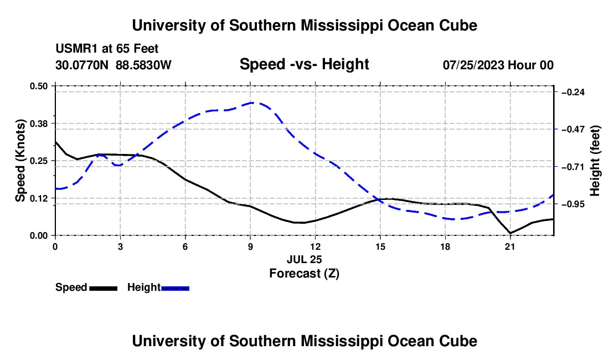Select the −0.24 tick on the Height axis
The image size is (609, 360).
(x=573, y=92)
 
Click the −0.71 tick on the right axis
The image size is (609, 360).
(x=573, y=167)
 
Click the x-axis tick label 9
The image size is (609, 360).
(x=250, y=246)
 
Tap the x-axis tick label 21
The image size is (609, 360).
(x=510, y=246)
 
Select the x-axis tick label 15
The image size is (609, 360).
(x=380, y=246)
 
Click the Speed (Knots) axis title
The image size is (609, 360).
(x=20, y=161)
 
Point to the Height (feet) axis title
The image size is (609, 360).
(x=595, y=161)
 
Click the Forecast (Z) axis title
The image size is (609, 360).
(x=304, y=274)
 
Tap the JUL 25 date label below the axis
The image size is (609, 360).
(x=304, y=259)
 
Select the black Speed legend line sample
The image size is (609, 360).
(x=104, y=289)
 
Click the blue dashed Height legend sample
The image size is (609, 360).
(x=175, y=289)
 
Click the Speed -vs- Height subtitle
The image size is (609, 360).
(x=304, y=64)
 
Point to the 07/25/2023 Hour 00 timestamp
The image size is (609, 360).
(x=498, y=65)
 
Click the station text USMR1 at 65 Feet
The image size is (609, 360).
(x=107, y=49)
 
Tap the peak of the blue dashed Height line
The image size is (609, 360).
(x=254, y=103)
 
